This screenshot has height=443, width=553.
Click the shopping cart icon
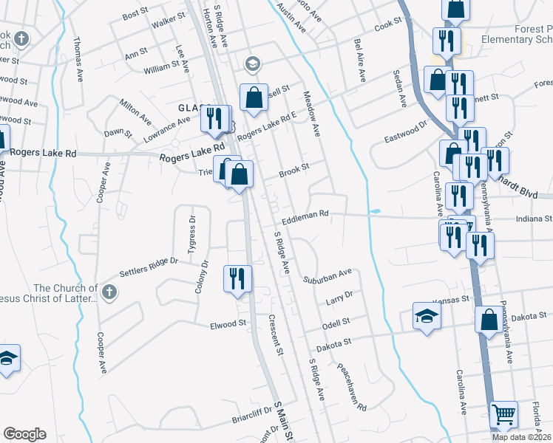pyautogui.click(x=503, y=416)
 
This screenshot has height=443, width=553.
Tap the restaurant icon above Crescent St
pyautogui.click(x=237, y=278)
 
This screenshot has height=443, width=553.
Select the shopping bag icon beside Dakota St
pyautogui.click(x=489, y=320)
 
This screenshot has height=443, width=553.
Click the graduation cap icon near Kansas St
pyautogui.click(x=426, y=316)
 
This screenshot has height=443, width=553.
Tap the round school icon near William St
pyautogui.click(x=254, y=64)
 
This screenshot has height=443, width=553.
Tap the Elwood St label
pyautogui.click(x=228, y=324)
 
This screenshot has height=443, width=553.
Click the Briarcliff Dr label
pyautogui.click(x=234, y=420)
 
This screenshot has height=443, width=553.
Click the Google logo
pyautogui.click(x=24, y=434)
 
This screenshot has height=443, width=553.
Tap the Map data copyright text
pyautogui.click(x=521, y=437)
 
